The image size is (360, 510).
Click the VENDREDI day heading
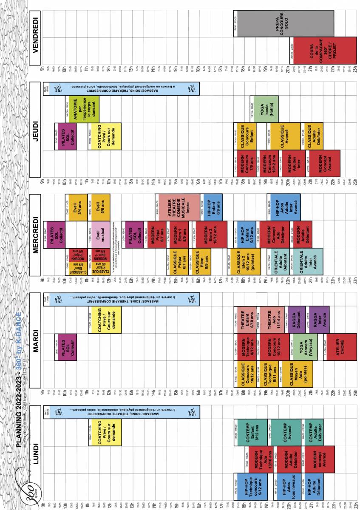35,38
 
